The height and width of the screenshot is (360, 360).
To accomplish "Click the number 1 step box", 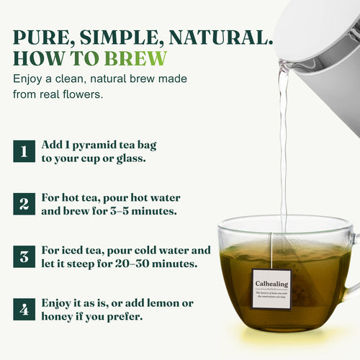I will click(24, 151).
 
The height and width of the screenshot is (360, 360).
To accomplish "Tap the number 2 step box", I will click(24, 203).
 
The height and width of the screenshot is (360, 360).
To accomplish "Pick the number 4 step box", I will click(24, 310).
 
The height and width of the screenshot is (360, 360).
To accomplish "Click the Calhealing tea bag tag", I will click(271, 288).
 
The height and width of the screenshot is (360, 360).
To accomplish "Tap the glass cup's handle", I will click(353, 266).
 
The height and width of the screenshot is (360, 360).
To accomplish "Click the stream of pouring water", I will click(283, 144).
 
